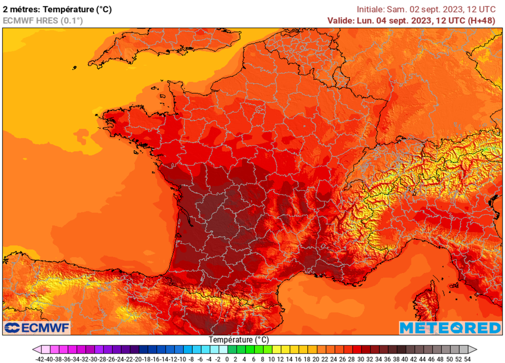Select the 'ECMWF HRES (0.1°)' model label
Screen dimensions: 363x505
(43, 21)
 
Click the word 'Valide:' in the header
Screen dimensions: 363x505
(340, 21)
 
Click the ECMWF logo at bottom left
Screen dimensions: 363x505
(37, 327)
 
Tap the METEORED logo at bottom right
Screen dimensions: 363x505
(450, 327)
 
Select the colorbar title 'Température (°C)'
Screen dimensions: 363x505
(239, 340)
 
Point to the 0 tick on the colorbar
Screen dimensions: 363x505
(227, 359)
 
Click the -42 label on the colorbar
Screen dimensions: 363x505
(40, 359)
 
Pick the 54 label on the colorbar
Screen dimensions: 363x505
(467, 359)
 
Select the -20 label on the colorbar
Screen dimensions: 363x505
(138, 359)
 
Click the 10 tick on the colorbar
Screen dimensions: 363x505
(271, 359)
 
